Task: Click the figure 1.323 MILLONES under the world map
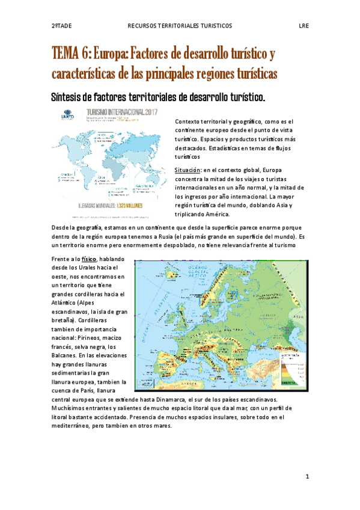(x=132, y=205)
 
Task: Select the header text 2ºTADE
(x=61, y=26)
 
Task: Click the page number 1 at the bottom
(x=307, y=476)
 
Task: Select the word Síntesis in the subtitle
(x=67, y=96)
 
